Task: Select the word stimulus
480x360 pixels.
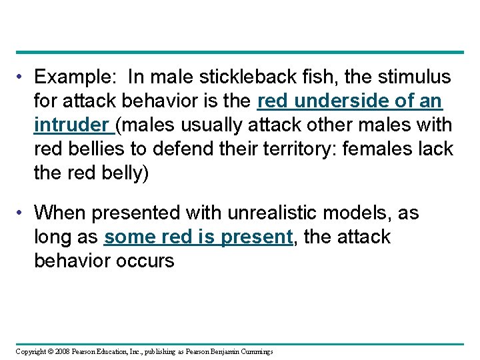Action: point(411,78)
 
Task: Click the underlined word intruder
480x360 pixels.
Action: point(71,125)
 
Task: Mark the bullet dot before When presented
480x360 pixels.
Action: point(22,213)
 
